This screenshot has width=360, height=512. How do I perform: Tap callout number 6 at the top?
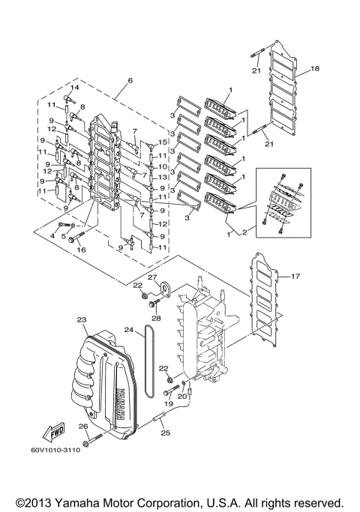pyautogui.click(x=129, y=80)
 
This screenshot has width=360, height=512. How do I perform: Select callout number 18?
pyautogui.click(x=315, y=68)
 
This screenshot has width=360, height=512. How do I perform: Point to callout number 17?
pyautogui.click(x=295, y=277)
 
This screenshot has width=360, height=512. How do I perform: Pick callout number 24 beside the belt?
pyautogui.click(x=129, y=330)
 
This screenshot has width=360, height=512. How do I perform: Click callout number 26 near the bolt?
pyautogui.click(x=84, y=427)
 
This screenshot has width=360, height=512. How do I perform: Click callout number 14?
pyautogui.click(x=73, y=88)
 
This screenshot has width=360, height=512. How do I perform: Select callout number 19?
pyautogui.click(x=169, y=403)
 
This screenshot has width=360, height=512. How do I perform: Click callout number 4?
pyautogui.click(x=52, y=235)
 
